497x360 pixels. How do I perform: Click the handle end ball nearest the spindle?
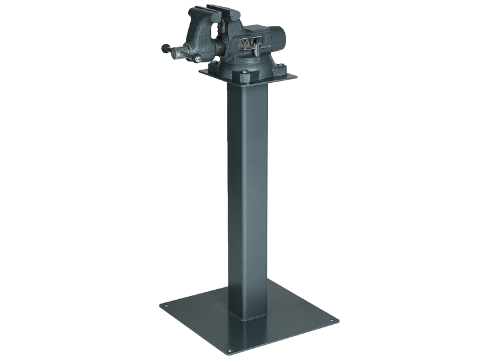click(x=197, y=59)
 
